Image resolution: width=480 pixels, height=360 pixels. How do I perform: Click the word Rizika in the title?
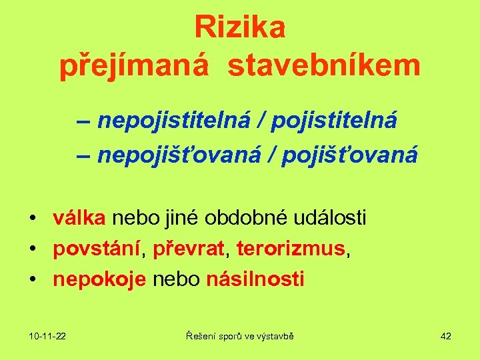coord(240,28)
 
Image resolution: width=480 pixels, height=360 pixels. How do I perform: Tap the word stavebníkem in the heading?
coord(325,67)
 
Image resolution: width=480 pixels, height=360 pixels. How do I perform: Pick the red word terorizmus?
coord(289,249)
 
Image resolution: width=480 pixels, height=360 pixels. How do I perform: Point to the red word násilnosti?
coord(255,279)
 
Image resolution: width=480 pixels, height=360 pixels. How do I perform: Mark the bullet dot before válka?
coord(32,218)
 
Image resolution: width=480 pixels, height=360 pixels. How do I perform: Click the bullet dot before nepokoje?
coord(32,280)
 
